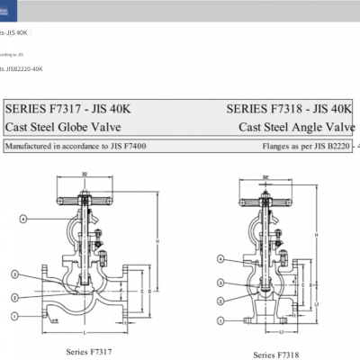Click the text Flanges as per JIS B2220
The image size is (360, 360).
(x=307, y=144)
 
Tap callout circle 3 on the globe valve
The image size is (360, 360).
(x=15, y=272)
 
